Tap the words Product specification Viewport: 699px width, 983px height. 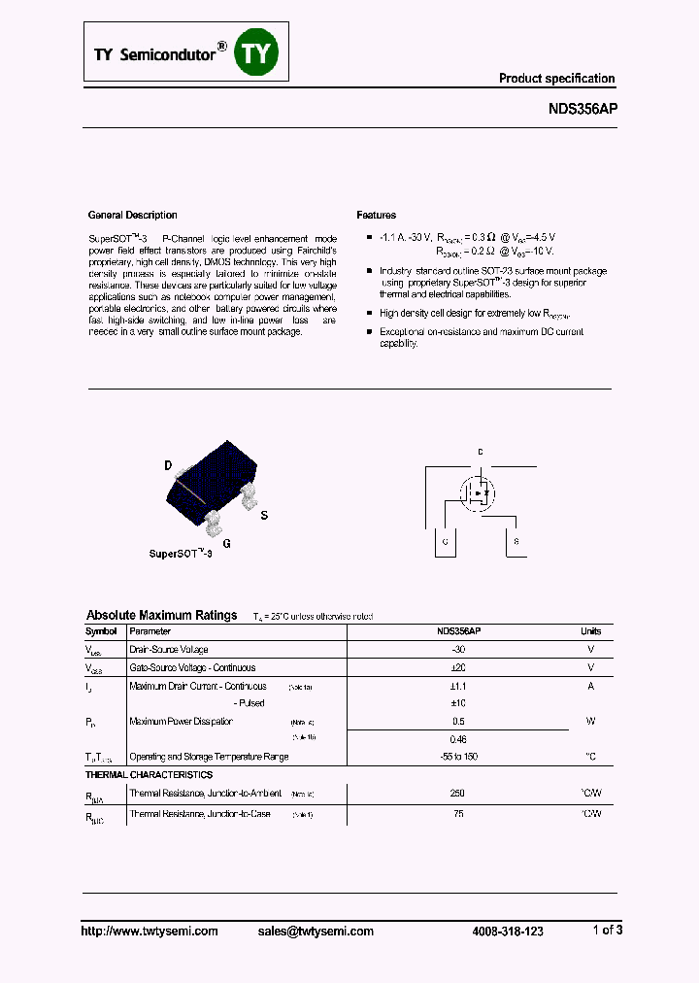pyautogui.click(x=556, y=79)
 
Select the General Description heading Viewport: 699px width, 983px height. pyautogui.click(x=133, y=215)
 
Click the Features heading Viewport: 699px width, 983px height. pyautogui.click(x=376, y=215)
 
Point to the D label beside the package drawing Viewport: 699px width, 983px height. pyautogui.click(x=168, y=466)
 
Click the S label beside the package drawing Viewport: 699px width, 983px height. pyautogui.click(x=264, y=515)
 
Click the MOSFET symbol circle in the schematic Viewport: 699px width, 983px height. pyautogui.click(x=479, y=492)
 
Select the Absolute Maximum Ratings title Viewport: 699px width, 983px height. pyautogui.click(x=161, y=615)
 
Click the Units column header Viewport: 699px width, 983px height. pyautogui.click(x=590, y=631)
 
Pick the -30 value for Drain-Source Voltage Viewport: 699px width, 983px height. pyautogui.click(x=458, y=649)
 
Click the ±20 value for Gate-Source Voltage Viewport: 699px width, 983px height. pyautogui.click(x=458, y=667)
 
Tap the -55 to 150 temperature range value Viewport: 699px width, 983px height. pyautogui.click(x=458, y=756)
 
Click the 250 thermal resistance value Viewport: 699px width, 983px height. pyautogui.click(x=458, y=794)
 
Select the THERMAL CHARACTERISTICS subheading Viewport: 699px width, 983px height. pyautogui.click(x=149, y=775)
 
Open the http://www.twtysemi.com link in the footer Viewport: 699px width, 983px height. pyautogui.click(x=149, y=931)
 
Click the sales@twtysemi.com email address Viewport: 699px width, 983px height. pyautogui.click(x=316, y=931)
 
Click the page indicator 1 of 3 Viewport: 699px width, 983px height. pyautogui.click(x=607, y=930)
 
